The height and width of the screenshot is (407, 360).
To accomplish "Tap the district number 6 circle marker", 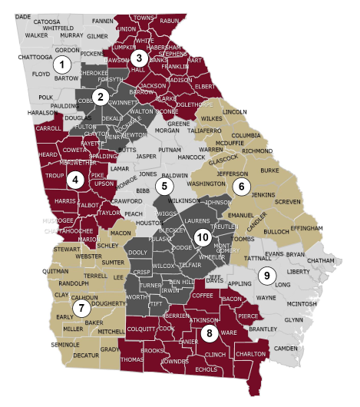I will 242,187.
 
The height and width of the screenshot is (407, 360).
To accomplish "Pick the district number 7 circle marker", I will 82,308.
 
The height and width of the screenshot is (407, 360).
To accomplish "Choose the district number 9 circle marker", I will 268,274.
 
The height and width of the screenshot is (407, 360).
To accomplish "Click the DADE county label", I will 23,16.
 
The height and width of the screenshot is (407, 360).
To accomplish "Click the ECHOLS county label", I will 206,369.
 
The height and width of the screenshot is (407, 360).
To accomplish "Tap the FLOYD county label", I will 40,75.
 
